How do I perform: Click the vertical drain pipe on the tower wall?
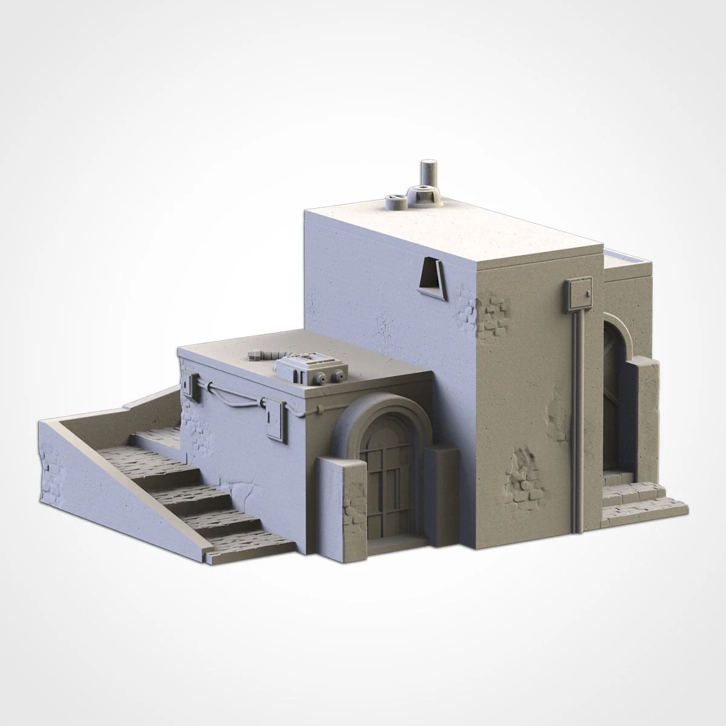tap(579, 411)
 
